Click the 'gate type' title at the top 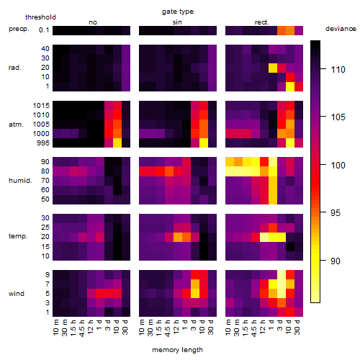(178, 12)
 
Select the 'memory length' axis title (177, 350)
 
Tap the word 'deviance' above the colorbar (341, 29)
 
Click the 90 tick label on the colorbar (336, 261)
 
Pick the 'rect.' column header (261, 22)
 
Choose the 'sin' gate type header (177, 22)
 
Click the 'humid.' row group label (20, 181)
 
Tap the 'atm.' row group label (16, 125)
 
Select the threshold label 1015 (41, 106)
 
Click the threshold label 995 (43, 143)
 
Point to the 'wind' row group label (17, 294)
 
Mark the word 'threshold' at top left (40, 17)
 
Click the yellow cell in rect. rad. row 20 (273, 68)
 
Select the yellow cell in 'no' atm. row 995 (117, 143)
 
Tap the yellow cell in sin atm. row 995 (204, 143)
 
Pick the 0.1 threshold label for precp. (44, 30)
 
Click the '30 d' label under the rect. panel (297, 328)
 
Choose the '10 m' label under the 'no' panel (56, 328)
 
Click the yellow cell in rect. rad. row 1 (290, 86)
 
